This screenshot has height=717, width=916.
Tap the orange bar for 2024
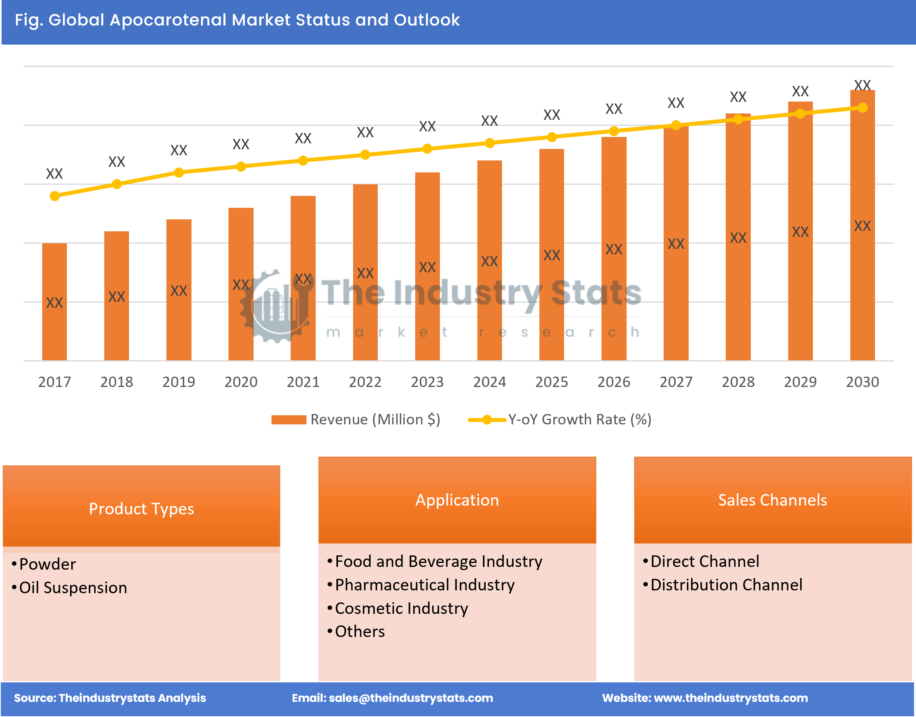(490, 260)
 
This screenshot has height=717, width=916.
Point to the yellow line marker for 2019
(179, 172)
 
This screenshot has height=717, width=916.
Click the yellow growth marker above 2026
(614, 131)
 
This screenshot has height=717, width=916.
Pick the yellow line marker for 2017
(55, 196)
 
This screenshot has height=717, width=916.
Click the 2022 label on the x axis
(365, 381)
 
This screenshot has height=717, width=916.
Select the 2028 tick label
(738, 381)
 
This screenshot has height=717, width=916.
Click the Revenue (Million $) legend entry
(356, 419)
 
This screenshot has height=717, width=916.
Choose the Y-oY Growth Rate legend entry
(561, 419)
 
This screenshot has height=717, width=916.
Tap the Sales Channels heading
(772, 500)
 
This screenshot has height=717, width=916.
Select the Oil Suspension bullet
(73, 588)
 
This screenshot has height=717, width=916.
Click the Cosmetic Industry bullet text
(401, 608)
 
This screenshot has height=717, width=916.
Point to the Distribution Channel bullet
(726, 585)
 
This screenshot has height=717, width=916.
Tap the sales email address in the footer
(410, 697)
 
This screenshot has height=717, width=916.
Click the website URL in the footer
(730, 697)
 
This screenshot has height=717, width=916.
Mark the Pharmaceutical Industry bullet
(424, 585)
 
